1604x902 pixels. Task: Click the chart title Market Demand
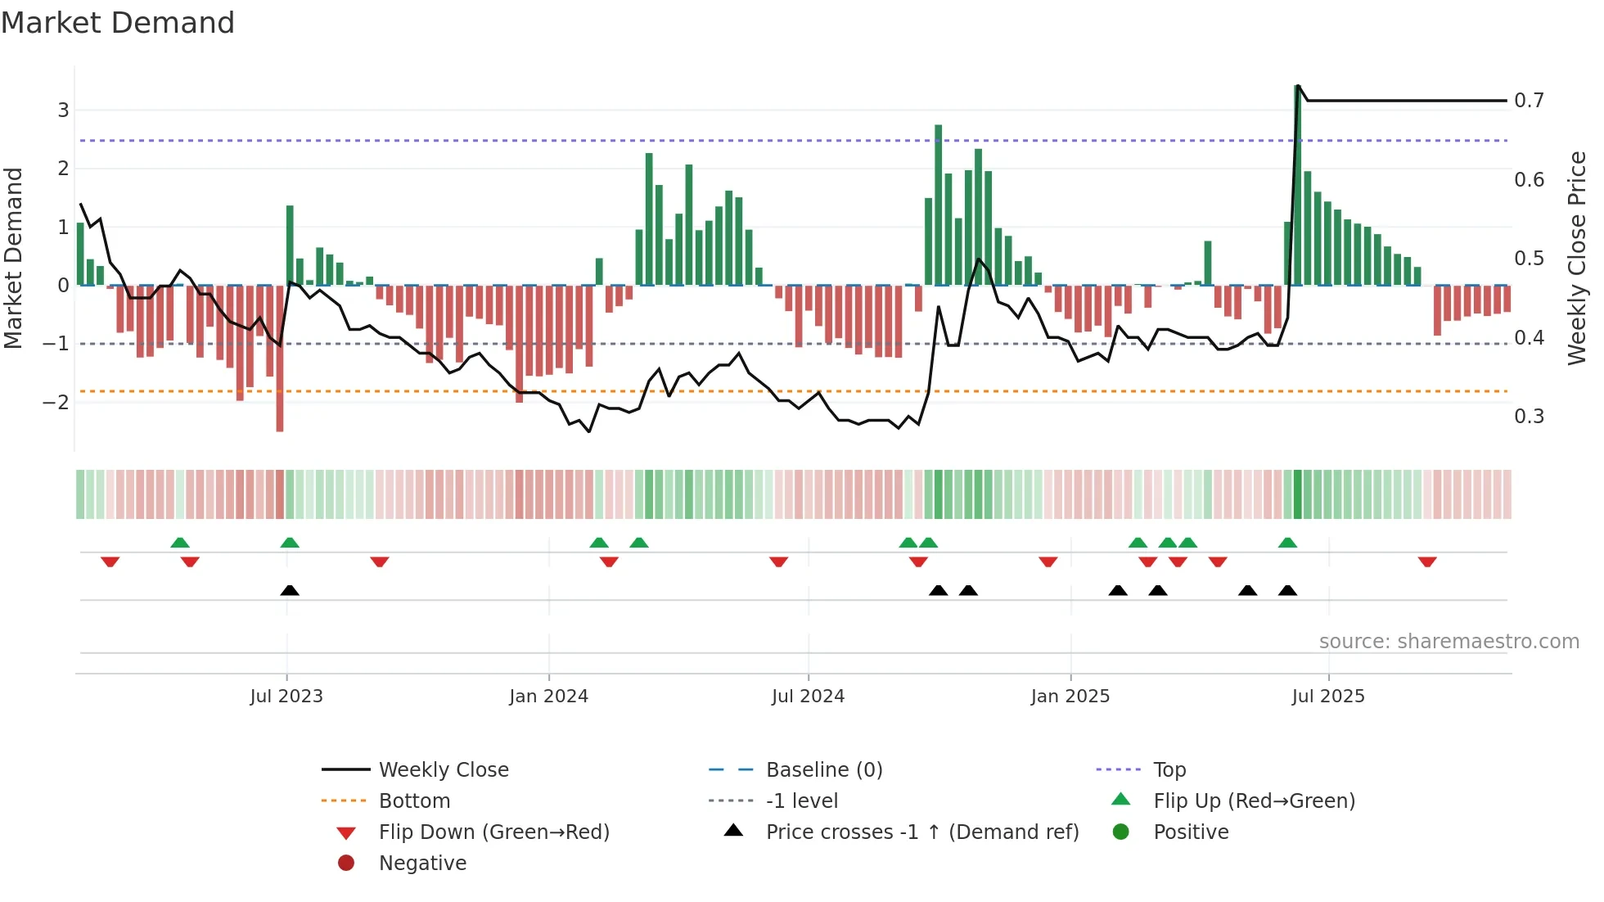pyautogui.click(x=118, y=22)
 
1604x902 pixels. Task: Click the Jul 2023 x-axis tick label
pyautogui.click(x=286, y=697)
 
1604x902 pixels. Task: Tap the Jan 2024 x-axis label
pyautogui.click(x=548, y=697)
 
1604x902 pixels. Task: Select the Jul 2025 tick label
pyautogui.click(x=1328, y=697)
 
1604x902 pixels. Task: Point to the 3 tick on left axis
pyautogui.click(x=63, y=110)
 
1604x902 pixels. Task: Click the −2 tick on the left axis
pyautogui.click(x=56, y=402)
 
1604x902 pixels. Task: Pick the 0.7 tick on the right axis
pyautogui.click(x=1529, y=101)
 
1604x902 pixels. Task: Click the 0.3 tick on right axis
pyautogui.click(x=1529, y=417)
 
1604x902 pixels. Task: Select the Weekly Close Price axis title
pyautogui.click(x=1577, y=258)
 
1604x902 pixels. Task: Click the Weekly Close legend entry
pyautogui.click(x=443, y=770)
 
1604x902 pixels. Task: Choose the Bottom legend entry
pyautogui.click(x=414, y=801)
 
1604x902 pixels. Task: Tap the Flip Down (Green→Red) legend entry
pyautogui.click(x=493, y=832)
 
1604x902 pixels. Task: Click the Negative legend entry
pyautogui.click(x=422, y=864)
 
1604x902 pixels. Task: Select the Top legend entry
pyautogui.click(x=1169, y=770)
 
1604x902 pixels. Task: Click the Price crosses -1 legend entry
pyautogui.click(x=922, y=832)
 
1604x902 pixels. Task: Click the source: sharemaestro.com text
pyautogui.click(x=1449, y=642)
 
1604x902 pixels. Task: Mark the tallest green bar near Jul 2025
pyautogui.click(x=1298, y=185)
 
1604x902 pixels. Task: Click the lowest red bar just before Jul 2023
pyautogui.click(x=280, y=360)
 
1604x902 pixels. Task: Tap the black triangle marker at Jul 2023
pyautogui.click(x=290, y=590)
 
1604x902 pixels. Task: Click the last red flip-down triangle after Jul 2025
pyautogui.click(x=1427, y=561)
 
